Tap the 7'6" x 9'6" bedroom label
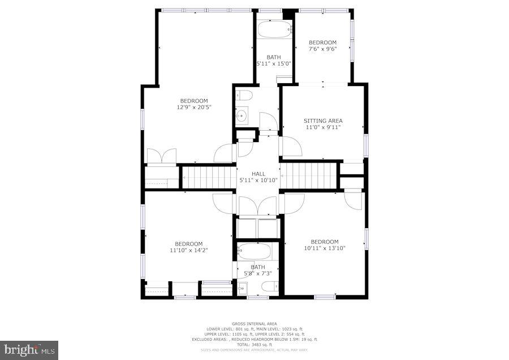point(322,49)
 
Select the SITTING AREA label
point(323,121)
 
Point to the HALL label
point(258,174)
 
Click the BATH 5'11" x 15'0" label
point(274,61)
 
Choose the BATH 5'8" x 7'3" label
point(257,271)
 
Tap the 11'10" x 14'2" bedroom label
point(188,247)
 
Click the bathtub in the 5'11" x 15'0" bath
point(274,29)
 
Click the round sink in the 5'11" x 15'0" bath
point(243,117)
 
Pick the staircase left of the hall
point(208,177)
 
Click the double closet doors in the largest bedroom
point(162,156)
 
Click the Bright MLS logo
point(29,350)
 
